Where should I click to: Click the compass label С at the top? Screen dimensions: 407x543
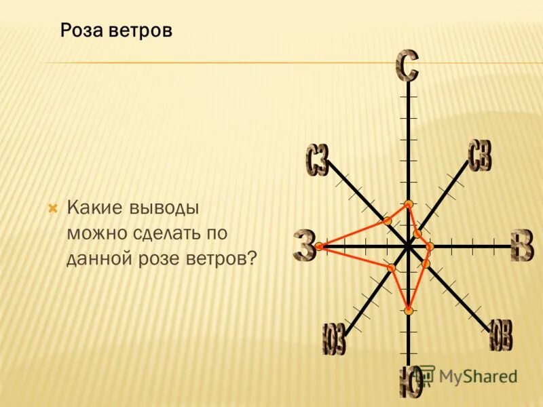(x=407, y=66)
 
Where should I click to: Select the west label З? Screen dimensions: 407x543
(x=305, y=246)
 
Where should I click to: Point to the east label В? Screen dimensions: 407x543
(x=522, y=246)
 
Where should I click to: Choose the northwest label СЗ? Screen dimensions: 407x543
(x=317, y=161)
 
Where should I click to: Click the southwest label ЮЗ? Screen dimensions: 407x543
(x=334, y=339)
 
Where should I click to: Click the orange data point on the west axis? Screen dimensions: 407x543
(x=319, y=247)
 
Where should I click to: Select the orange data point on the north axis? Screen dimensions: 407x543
(x=408, y=204)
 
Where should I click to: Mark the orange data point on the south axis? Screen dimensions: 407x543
(x=409, y=311)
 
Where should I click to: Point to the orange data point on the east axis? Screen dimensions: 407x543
(x=430, y=246)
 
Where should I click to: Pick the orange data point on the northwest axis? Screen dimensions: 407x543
(x=387, y=221)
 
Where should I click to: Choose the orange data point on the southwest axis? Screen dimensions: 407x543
(x=391, y=269)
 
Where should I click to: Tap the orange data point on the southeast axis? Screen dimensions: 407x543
(x=426, y=263)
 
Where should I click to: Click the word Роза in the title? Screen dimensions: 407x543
(x=81, y=31)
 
